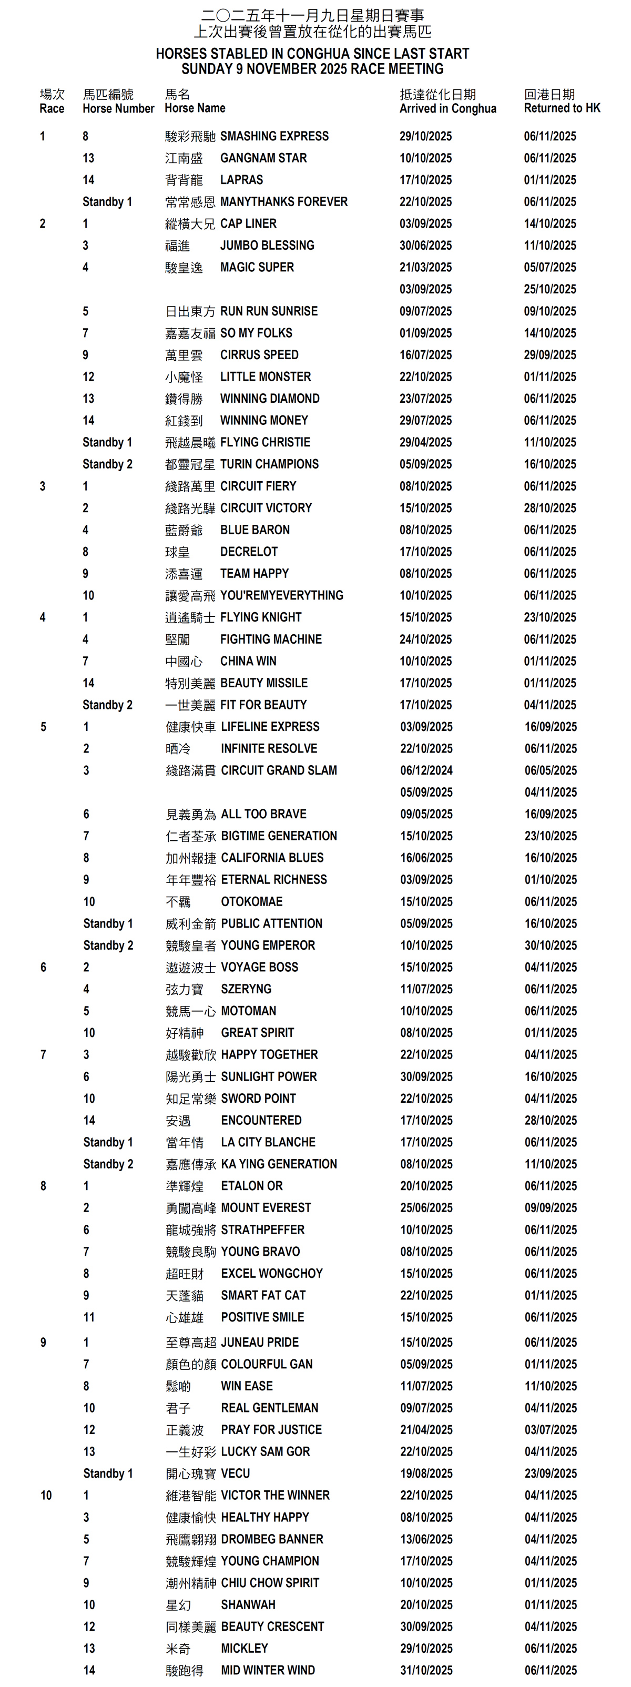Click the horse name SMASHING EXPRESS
[274, 136]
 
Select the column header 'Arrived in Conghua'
[447, 109]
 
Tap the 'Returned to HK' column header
[562, 109]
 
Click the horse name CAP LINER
[248, 223]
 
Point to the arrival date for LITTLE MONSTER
[425, 377]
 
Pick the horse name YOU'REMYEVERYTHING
[281, 595]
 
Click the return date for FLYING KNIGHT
[550, 617]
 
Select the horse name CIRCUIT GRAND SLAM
[279, 770]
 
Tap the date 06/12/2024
[426, 770]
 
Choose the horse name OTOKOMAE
[252, 902]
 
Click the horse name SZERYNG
[246, 989]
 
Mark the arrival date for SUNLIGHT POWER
[426, 1076]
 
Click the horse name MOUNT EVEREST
[266, 1207]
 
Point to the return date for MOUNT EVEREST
[551, 1207]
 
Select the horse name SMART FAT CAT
[263, 1295]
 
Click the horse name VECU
[236, 1473]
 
